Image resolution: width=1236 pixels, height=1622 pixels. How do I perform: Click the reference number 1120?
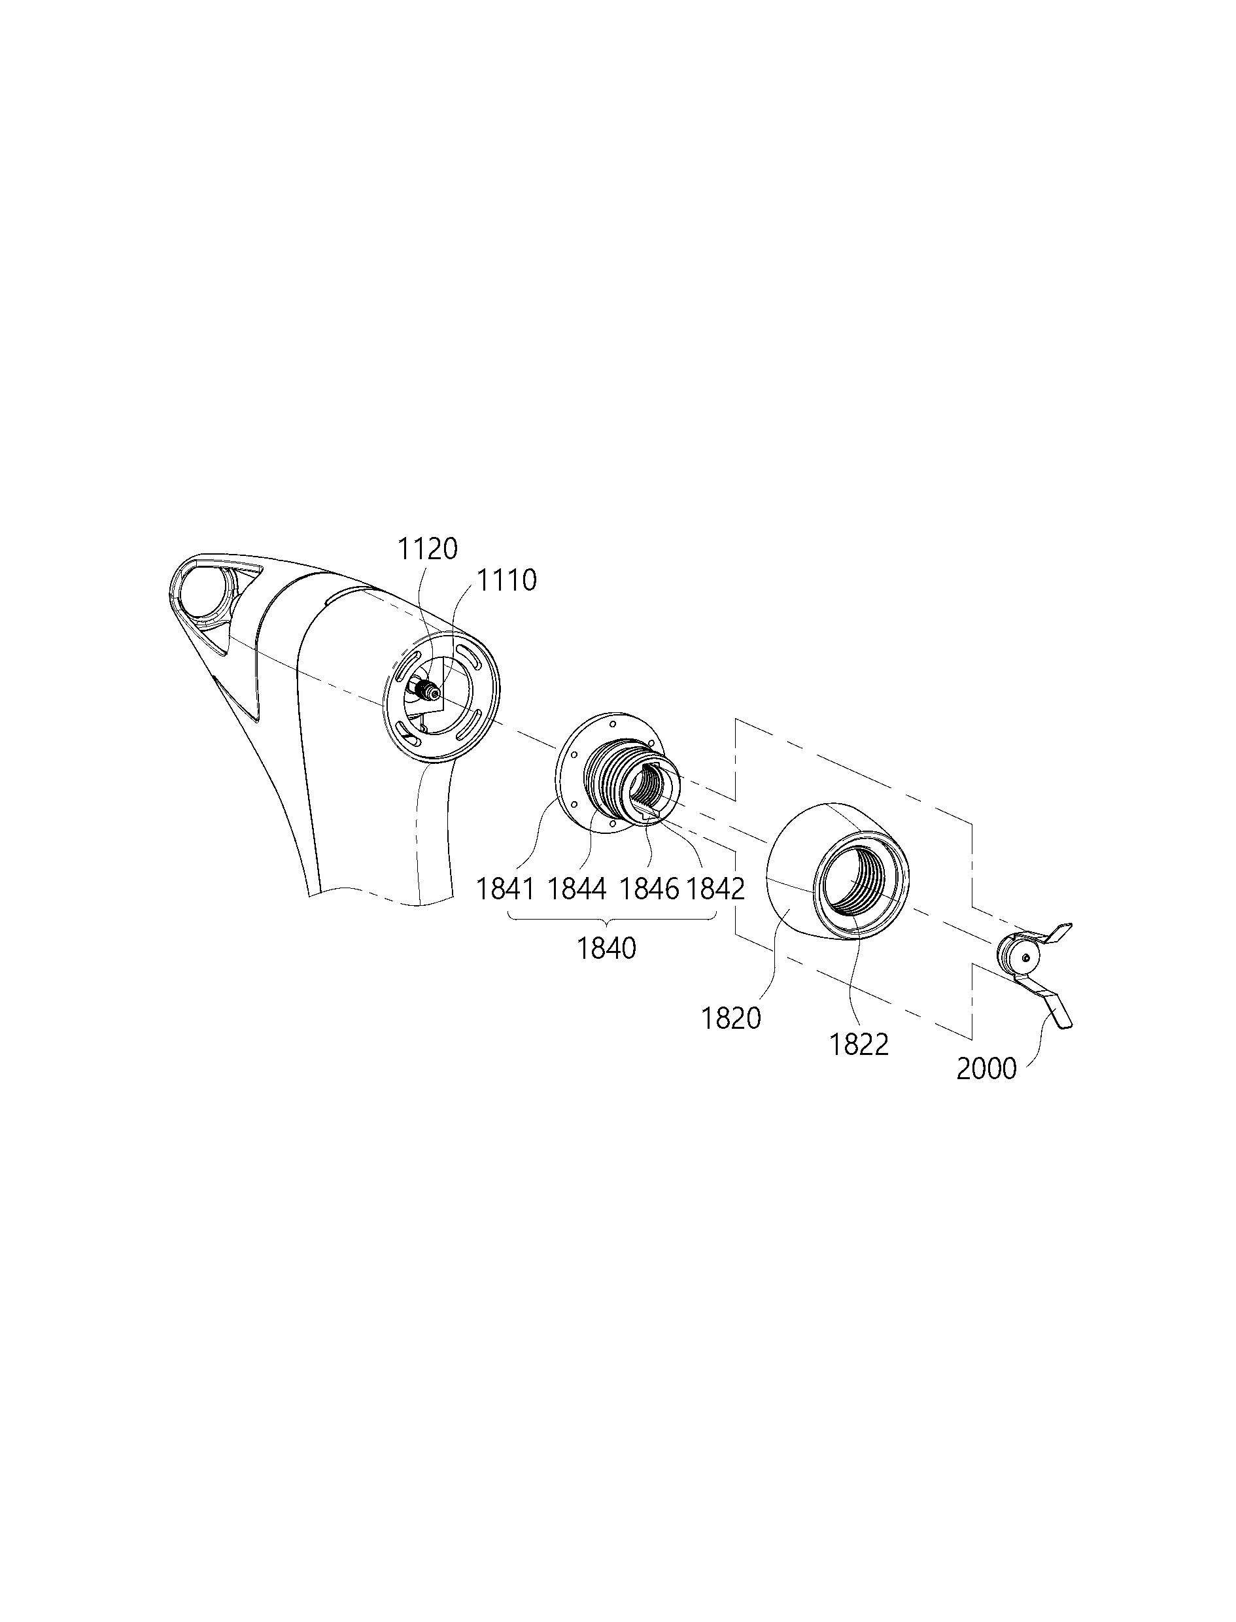click(428, 549)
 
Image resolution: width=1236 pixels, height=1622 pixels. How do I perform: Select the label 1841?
click(505, 889)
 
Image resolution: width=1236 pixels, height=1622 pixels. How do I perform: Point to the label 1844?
click(577, 889)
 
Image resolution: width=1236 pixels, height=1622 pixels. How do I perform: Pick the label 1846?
click(649, 889)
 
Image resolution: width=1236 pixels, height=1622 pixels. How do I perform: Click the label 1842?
click(715, 889)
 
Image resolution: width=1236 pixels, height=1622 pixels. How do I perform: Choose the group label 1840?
click(606, 949)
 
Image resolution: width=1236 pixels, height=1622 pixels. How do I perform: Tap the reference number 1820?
click(731, 1019)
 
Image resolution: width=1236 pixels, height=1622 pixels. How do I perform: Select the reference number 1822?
click(859, 1044)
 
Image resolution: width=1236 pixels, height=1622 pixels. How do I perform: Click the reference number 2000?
click(987, 1069)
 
